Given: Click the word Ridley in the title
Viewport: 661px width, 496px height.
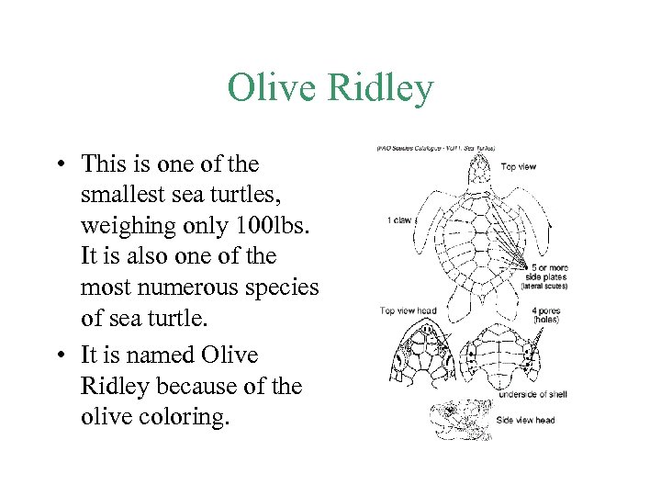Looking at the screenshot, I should pyautogui.click(x=375, y=89).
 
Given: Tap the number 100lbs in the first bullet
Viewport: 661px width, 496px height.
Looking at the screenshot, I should pyautogui.click(x=272, y=226).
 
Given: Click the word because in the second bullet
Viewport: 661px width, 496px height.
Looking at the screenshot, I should pyautogui.click(x=196, y=386).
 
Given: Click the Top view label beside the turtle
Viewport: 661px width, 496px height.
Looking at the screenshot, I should pyautogui.click(x=520, y=167).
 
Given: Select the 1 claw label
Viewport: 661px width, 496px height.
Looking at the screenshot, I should pyautogui.click(x=400, y=220).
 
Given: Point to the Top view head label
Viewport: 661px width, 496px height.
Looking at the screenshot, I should pyautogui.click(x=408, y=310).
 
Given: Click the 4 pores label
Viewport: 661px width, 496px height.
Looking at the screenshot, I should pyautogui.click(x=546, y=310).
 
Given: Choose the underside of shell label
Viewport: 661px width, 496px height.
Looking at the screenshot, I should pyautogui.click(x=532, y=394).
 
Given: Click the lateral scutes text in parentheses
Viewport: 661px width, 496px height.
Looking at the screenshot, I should pyautogui.click(x=543, y=286).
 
